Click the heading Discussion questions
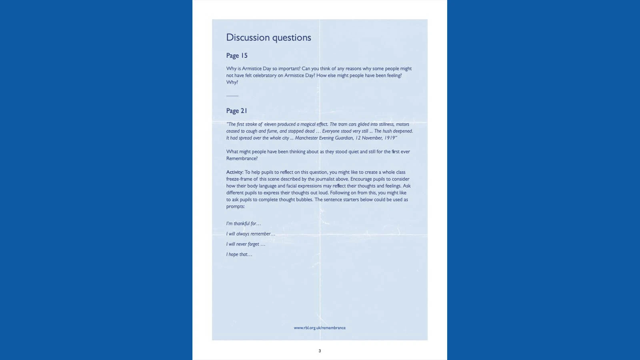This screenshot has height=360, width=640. click(268, 38)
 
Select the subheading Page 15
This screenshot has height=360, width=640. click(237, 56)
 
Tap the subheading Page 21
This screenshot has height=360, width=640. click(236, 111)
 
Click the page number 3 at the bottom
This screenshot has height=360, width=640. click(320, 351)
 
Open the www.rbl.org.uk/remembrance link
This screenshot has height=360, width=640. click(320, 328)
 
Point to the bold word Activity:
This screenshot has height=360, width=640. click(235, 172)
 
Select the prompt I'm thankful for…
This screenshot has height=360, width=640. click(244, 224)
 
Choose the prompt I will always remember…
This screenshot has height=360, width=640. click(251, 234)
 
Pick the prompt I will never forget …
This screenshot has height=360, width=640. click(246, 244)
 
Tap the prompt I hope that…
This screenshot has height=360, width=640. click(239, 254)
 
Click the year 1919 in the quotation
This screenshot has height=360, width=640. click(390, 138)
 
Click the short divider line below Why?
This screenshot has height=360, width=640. click(232, 96)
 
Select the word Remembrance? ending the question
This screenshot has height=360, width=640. click(242, 158)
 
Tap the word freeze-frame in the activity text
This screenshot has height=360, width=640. click(239, 179)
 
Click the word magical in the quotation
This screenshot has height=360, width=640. click(308, 124)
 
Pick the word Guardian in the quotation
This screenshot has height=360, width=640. click(344, 138)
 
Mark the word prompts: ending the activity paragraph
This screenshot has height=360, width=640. click(235, 206)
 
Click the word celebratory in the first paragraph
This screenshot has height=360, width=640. click(264, 76)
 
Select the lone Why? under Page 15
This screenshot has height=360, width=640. click(232, 82)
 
